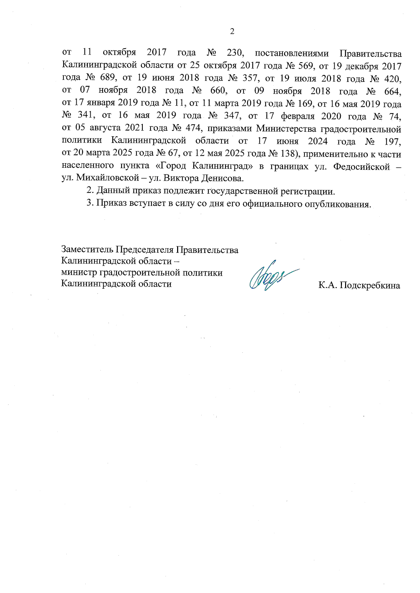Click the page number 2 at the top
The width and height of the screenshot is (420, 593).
tap(232, 32)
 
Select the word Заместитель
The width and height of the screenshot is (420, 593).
tap(87, 250)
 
